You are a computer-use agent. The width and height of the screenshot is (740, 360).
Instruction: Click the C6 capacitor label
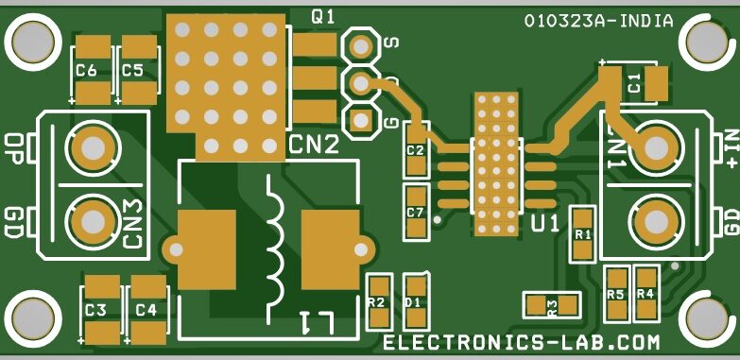pos(86,70)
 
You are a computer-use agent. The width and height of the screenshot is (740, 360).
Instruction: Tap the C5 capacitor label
pos(132,70)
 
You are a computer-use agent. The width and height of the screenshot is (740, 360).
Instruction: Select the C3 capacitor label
pos(95,310)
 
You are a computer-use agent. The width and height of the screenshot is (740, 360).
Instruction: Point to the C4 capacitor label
pos(146,310)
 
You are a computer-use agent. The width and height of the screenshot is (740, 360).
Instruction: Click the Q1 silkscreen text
pos(322,16)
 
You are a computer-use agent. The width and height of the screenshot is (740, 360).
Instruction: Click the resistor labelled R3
pos(552,305)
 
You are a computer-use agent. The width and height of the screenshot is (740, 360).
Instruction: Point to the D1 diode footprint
pos(413,302)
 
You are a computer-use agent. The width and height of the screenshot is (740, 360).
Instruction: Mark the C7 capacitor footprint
pos(415,212)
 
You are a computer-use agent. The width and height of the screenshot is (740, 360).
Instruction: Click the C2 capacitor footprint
pos(415,150)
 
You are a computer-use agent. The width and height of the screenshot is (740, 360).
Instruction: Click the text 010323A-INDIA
pos(598,20)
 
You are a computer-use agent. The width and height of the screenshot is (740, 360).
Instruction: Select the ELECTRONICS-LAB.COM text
pos(521,341)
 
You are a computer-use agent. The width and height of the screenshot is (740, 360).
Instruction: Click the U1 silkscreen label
pos(545,224)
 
